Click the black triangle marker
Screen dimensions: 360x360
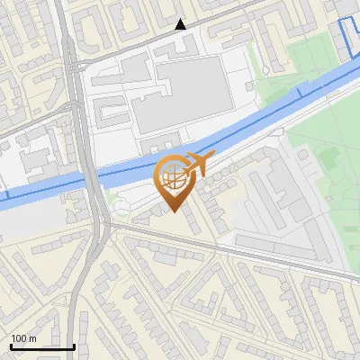tap(181, 24)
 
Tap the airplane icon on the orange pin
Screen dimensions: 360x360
tap(198, 164)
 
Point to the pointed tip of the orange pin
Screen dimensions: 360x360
tap(175, 212)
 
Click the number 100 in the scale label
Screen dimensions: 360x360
tap(19, 339)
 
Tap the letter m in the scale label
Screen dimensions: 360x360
tap(32, 339)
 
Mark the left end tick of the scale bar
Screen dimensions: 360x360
tap(10, 346)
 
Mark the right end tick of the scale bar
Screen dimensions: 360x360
tap(74, 346)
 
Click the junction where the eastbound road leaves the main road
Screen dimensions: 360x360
tap(108, 229)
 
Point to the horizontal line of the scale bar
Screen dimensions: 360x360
tap(42, 347)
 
